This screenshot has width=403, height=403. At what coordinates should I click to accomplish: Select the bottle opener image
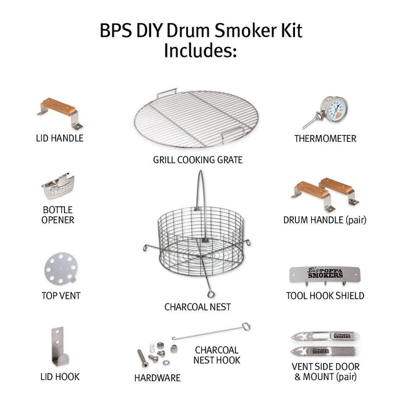click(59, 186)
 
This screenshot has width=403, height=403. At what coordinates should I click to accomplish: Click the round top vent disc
click(60, 268)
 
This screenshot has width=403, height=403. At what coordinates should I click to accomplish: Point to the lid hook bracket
click(58, 347)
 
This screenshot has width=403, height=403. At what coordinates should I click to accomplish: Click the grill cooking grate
click(197, 119)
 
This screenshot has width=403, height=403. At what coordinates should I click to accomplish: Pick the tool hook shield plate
click(324, 274)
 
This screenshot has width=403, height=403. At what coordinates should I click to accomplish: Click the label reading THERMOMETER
click(325, 139)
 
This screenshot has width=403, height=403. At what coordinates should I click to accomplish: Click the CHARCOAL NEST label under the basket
click(197, 307)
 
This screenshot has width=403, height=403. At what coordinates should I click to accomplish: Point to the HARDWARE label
click(157, 377)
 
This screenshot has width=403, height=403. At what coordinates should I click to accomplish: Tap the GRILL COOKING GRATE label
click(197, 160)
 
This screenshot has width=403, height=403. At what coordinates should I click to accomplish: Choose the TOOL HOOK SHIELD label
click(325, 296)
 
